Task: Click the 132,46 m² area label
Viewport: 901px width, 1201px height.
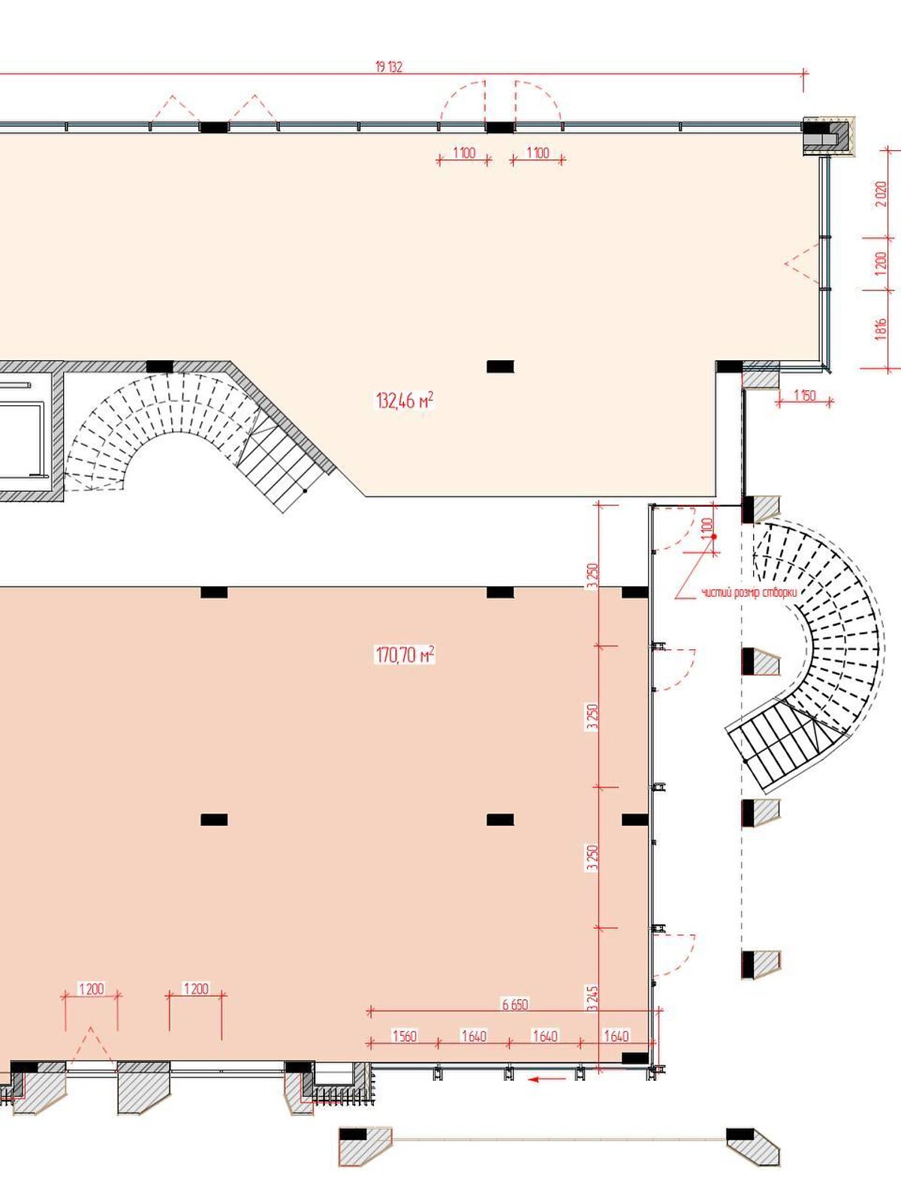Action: pyautogui.click(x=405, y=401)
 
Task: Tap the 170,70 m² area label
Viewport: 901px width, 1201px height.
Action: pyautogui.click(x=405, y=655)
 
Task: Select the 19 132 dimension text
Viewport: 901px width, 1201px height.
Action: pyautogui.click(x=389, y=68)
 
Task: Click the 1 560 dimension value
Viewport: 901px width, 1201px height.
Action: pyautogui.click(x=404, y=1036)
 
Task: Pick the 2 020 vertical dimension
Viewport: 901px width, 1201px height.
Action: pyautogui.click(x=881, y=193)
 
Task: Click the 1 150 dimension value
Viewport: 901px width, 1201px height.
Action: pyautogui.click(x=805, y=395)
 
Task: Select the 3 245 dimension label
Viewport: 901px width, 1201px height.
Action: pyautogui.click(x=591, y=998)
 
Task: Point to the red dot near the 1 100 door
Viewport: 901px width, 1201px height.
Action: pyautogui.click(x=713, y=537)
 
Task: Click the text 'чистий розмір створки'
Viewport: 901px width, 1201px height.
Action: pyautogui.click(x=749, y=593)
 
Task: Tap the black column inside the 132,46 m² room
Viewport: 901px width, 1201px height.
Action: pyautogui.click(x=500, y=366)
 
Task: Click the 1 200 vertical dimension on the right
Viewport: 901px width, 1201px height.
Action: pyautogui.click(x=881, y=263)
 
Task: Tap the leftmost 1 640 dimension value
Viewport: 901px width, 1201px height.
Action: pyautogui.click(x=474, y=1036)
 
